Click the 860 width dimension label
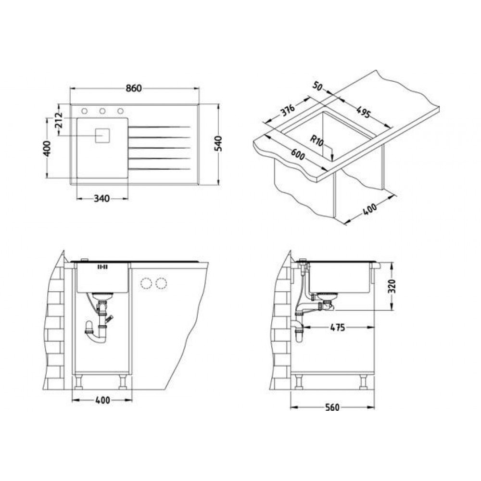(134, 89)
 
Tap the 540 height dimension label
(218, 143)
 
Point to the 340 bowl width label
(101, 199)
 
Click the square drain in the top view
(102, 135)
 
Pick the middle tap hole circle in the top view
(102, 111)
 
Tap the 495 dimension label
(364, 112)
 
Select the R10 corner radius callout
(317, 141)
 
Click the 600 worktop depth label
(298, 154)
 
